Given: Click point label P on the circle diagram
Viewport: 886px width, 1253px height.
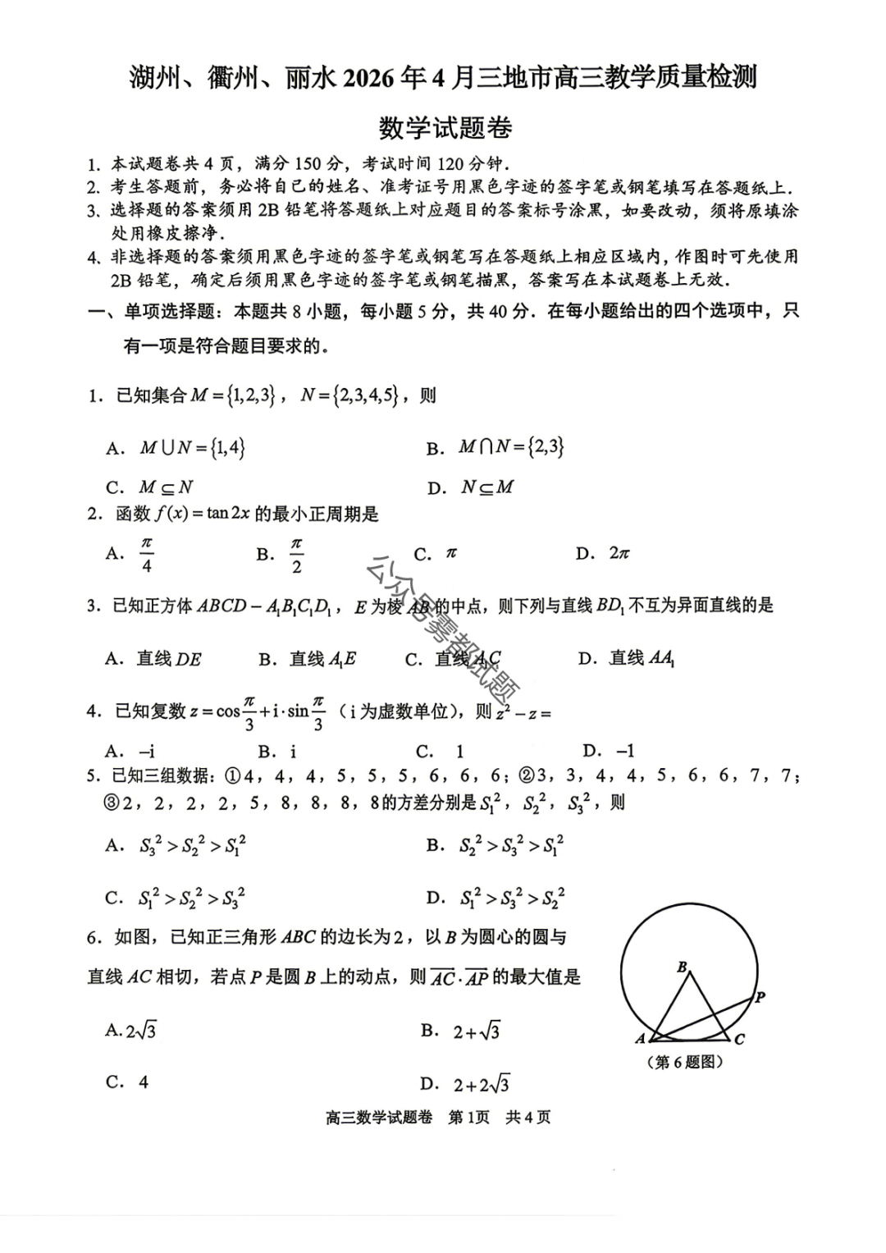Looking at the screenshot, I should point(760,997).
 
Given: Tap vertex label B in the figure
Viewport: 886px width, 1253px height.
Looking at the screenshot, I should point(682,967).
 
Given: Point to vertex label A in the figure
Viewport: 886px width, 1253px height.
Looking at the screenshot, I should point(641,1039).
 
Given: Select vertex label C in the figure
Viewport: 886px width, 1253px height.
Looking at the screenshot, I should point(739,1039).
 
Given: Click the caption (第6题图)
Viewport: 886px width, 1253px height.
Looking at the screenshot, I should point(685,1062).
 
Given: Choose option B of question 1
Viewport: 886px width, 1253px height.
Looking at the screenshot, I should point(496,447).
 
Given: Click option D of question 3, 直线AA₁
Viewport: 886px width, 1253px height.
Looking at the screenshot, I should point(627,658).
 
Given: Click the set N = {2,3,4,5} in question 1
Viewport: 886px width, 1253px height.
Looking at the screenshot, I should point(349,396).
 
